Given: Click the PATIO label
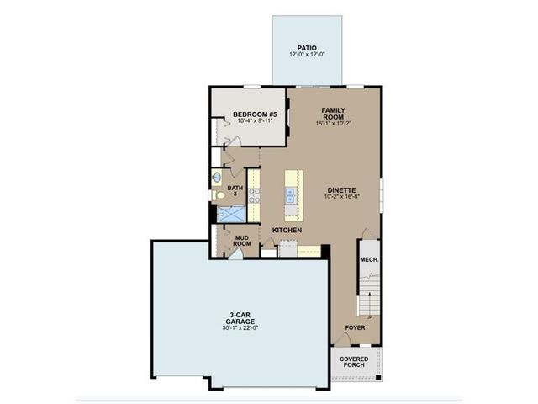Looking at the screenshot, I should click(307, 48).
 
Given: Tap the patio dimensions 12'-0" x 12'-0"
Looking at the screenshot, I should click(307, 56).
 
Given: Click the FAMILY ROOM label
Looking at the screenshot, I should click(333, 114).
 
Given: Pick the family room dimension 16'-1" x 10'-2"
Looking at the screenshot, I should click(333, 124).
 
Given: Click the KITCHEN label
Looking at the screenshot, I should click(286, 230).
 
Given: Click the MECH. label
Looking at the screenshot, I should click(368, 260).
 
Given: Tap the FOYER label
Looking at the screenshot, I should click(355, 327).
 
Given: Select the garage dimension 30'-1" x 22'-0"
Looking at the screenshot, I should click(240, 328).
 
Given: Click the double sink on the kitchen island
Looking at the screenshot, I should click(291, 195).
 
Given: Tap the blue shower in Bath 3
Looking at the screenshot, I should click(230, 214).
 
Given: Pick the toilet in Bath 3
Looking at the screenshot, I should click(220, 195).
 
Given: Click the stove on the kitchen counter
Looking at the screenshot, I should click(254, 196).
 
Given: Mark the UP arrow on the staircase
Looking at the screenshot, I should click(368, 317).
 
